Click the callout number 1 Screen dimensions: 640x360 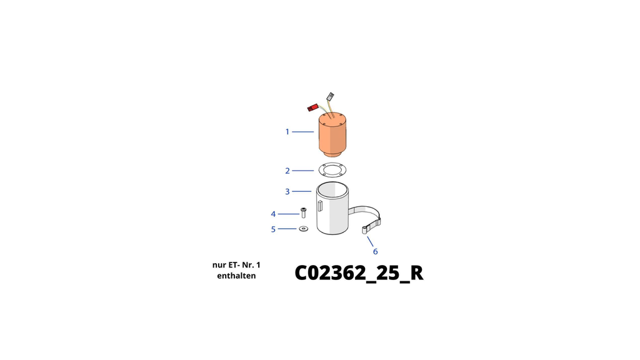[287, 132]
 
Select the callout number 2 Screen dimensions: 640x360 [287, 171]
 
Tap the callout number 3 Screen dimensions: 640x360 [287, 191]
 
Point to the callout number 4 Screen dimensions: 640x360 [273, 214]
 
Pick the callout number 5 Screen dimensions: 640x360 [274, 229]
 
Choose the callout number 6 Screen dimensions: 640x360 [376, 251]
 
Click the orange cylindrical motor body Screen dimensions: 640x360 [332, 135]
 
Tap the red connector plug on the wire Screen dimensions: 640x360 [312, 107]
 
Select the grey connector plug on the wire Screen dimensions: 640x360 [330, 97]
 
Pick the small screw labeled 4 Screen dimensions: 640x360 [303, 212]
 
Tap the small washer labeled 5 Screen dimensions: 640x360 [304, 229]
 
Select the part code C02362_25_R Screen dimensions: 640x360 [359, 272]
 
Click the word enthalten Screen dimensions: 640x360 [236, 276]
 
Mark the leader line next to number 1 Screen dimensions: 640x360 [303, 132]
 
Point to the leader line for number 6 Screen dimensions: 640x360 [370, 242]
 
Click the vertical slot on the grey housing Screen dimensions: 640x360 [321, 206]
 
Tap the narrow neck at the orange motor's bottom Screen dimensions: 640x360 [332, 154]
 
